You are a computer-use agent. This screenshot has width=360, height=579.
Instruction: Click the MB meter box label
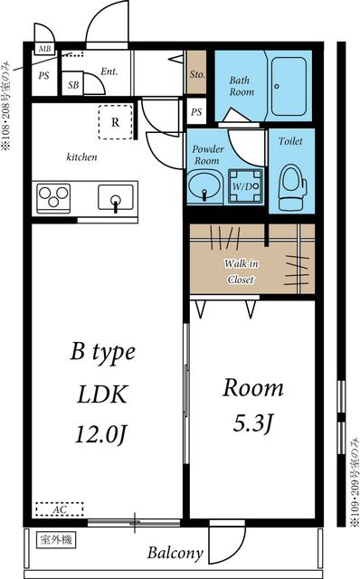44,49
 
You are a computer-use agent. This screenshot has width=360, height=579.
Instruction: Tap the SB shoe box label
73,85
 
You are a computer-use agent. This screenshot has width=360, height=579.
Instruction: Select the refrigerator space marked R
115,122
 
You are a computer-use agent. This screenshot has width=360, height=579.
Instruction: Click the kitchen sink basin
115,198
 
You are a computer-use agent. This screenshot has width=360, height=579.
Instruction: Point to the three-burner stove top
53,197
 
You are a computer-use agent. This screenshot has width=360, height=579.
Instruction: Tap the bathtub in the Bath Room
289,87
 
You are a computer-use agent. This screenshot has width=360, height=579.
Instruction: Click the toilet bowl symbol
292,187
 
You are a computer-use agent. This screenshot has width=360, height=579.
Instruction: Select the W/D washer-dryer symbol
245,186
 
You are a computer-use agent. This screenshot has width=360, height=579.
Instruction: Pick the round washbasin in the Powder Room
204,185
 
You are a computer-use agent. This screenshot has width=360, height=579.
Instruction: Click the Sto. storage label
197,74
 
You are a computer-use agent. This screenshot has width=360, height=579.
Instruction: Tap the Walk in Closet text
242,271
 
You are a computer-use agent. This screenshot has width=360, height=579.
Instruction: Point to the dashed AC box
60,509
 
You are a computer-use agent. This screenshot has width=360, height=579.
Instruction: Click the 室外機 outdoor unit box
56,540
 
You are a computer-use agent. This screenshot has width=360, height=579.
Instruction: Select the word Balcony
175,553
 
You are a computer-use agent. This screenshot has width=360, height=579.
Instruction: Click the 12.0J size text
100,434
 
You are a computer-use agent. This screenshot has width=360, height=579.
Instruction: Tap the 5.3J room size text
252,423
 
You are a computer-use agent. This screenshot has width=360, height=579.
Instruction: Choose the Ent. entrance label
109,71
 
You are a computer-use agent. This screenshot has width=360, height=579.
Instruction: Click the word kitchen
81,157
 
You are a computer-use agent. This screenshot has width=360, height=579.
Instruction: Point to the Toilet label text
290,141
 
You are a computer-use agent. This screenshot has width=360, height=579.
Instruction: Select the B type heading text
102,353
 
